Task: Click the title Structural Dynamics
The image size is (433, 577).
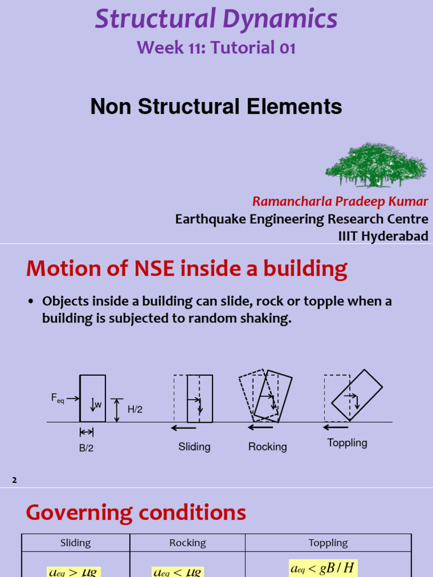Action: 216,19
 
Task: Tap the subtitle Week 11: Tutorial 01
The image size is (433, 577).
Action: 216,48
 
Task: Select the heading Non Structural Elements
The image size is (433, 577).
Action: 216,106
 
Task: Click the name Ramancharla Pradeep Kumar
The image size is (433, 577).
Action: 340,202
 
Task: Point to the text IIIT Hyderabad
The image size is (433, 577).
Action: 383,236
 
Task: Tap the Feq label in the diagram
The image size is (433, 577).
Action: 58,399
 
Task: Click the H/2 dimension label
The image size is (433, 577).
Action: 135,410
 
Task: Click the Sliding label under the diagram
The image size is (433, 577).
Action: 195,447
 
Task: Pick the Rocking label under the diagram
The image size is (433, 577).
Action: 267,447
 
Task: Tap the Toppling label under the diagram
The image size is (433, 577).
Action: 347,443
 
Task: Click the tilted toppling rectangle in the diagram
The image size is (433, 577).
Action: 357,395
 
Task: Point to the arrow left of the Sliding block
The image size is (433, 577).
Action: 183,428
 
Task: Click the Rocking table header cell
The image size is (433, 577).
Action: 188,543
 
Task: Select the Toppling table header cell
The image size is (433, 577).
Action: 328,543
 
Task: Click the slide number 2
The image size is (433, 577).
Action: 15,480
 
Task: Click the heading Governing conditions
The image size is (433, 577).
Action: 136,513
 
